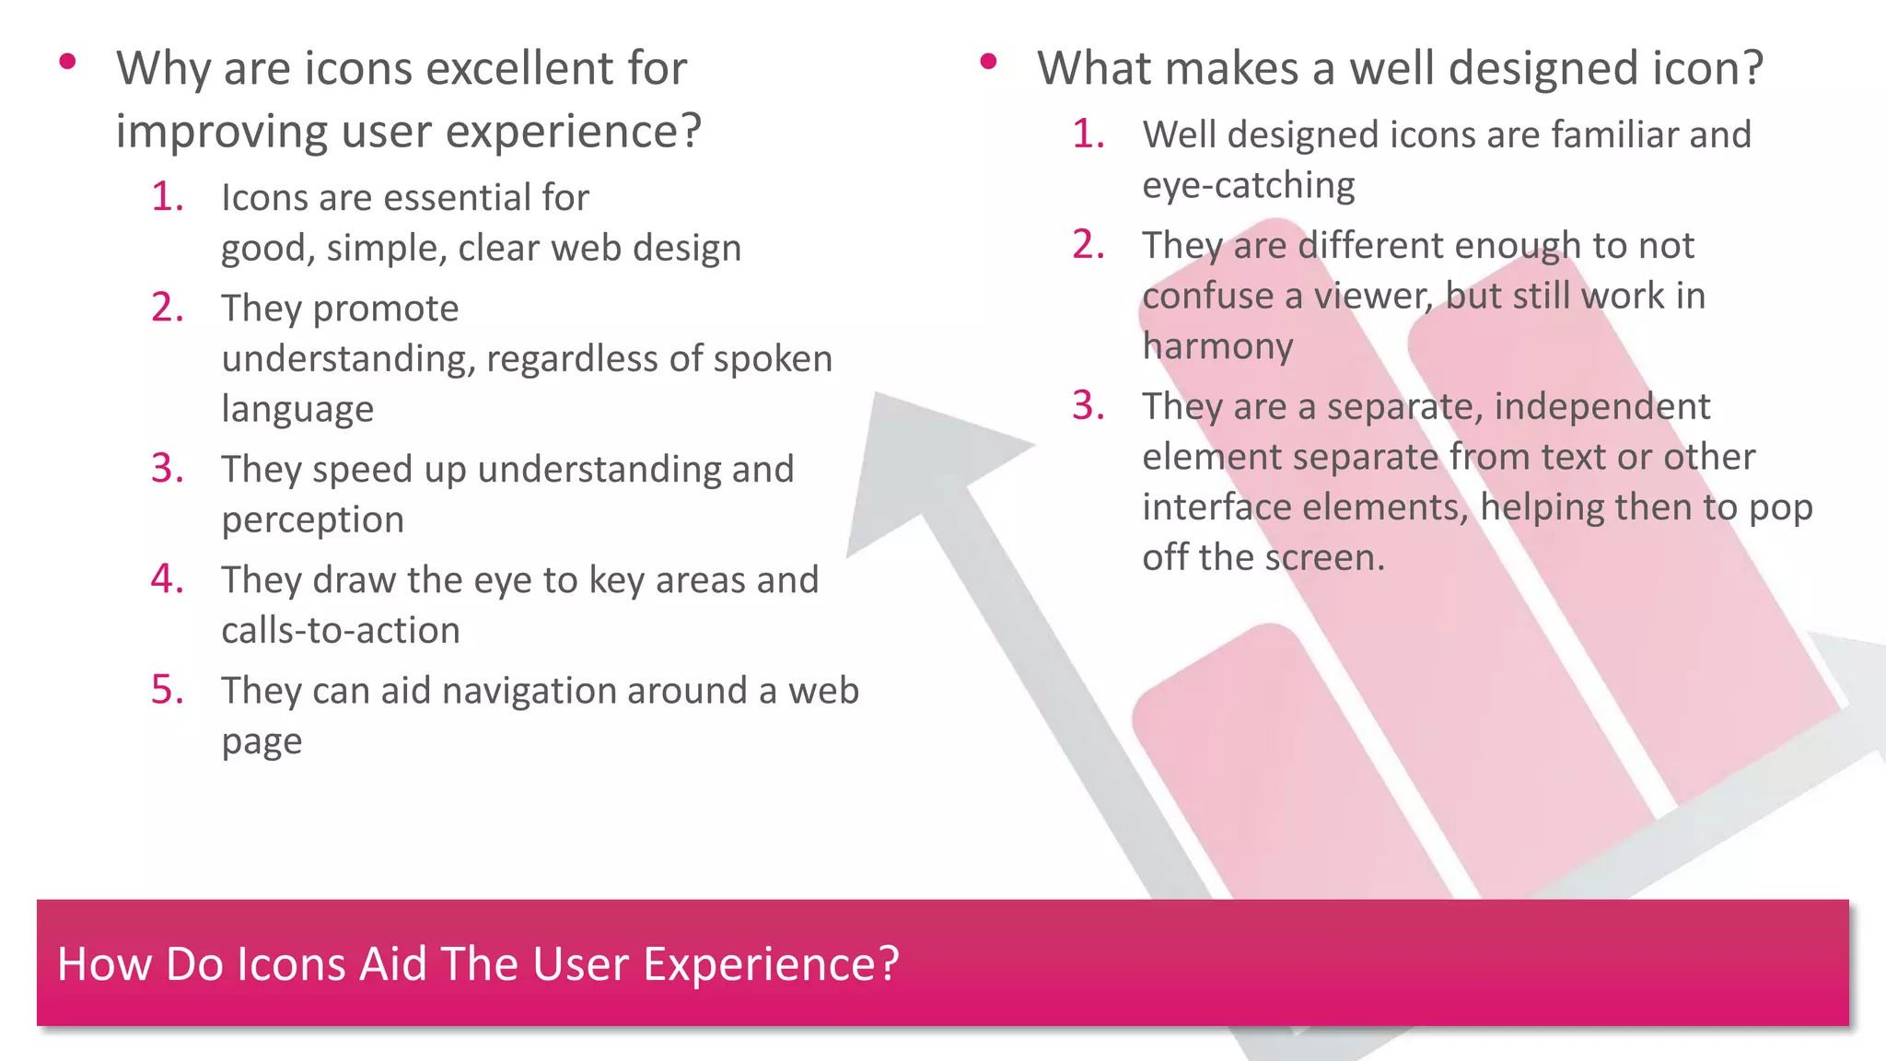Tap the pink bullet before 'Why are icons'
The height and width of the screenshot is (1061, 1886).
click(x=67, y=63)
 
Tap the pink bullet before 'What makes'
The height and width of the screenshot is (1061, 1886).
click(x=989, y=63)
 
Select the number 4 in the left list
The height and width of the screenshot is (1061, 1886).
click(x=167, y=579)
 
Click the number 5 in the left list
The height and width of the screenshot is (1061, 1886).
click(x=167, y=690)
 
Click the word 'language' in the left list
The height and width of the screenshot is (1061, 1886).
click(x=297, y=410)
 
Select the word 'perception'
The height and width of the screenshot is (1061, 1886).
click(x=312, y=520)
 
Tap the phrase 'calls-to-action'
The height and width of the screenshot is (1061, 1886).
click(x=341, y=631)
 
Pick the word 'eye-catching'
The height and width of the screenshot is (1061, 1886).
click(x=1248, y=186)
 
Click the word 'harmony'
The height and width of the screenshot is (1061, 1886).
click(x=1217, y=346)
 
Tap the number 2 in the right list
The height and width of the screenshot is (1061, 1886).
click(x=1088, y=245)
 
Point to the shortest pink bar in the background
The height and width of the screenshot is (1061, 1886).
click(x=1280, y=764)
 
